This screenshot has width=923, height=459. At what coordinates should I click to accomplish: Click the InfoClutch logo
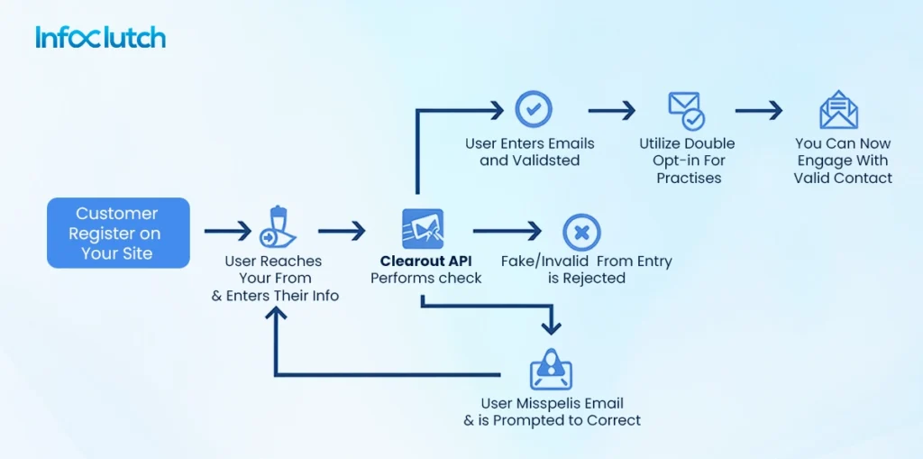click(x=100, y=37)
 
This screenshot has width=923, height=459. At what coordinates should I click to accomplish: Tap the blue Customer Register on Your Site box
click(x=118, y=234)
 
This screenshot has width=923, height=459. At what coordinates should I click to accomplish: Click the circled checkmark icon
click(x=533, y=109)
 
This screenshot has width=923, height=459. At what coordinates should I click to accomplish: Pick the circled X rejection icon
click(x=581, y=232)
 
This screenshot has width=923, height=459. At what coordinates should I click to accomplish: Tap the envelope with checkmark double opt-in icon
click(x=686, y=110)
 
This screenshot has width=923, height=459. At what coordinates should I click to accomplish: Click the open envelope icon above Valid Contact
click(x=838, y=110)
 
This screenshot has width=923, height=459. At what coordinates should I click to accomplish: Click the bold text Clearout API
click(x=425, y=262)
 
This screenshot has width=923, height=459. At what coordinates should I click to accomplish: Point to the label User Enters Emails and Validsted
click(x=530, y=151)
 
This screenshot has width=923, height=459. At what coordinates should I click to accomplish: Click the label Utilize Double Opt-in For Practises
click(x=687, y=161)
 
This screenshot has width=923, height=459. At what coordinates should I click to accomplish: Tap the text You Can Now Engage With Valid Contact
click(x=843, y=161)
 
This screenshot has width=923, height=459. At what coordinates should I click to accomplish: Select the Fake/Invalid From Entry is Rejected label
click(x=586, y=270)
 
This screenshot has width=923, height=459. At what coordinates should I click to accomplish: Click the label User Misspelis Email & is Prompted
click(x=552, y=411)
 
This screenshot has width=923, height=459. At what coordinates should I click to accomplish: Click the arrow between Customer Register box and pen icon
click(x=227, y=232)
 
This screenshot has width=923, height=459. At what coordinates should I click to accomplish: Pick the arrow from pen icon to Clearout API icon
click(x=342, y=232)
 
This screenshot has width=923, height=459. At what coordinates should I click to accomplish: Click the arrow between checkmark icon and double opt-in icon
click(x=611, y=110)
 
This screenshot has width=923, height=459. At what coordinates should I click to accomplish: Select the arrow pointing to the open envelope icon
click(x=758, y=110)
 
